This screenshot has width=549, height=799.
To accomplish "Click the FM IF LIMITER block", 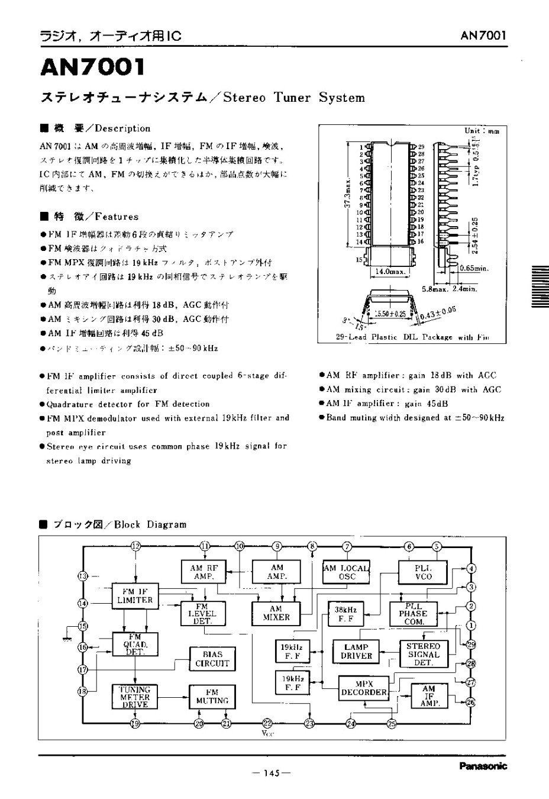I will pyautogui.click(x=138, y=596).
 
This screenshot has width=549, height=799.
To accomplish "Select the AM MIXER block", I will pyautogui.click(x=276, y=613).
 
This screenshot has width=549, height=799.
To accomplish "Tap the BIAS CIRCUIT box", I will pyautogui.click(x=212, y=659).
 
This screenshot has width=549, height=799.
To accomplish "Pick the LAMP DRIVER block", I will pyautogui.click(x=356, y=651).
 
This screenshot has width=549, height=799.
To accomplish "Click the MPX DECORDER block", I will pyautogui.click(x=364, y=688).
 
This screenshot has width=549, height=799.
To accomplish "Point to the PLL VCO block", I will pyautogui.click(x=424, y=571).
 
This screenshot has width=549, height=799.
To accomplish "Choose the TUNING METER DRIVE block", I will pyautogui.click(x=135, y=697).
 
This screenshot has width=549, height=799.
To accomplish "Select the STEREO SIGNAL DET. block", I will pyautogui.click(x=423, y=654).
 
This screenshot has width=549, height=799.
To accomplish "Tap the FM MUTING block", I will pyautogui.click(x=212, y=697).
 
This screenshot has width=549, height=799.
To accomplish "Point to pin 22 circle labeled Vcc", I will pyautogui.click(x=267, y=723).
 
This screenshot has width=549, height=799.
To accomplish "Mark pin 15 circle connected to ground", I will pyautogui.click(x=83, y=626).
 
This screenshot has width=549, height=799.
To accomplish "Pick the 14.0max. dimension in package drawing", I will pyautogui.click(x=389, y=271).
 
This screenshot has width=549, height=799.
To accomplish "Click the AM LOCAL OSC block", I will pyautogui.click(x=347, y=572).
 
